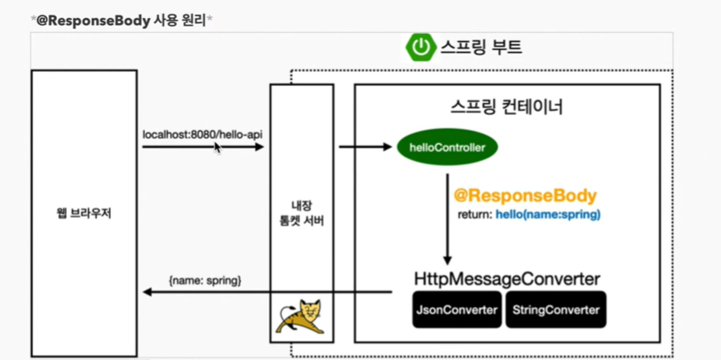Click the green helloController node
coord(447,148)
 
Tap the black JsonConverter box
coord(456,311)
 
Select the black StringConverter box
coord(556,311)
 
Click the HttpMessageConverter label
coord(507,279)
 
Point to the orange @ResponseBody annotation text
coord(525,196)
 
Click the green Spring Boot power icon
coord(421,47)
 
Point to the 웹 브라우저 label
coord(83,213)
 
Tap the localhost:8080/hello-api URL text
coord(203,134)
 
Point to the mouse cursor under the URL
coord(218,147)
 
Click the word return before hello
coord(474,214)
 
